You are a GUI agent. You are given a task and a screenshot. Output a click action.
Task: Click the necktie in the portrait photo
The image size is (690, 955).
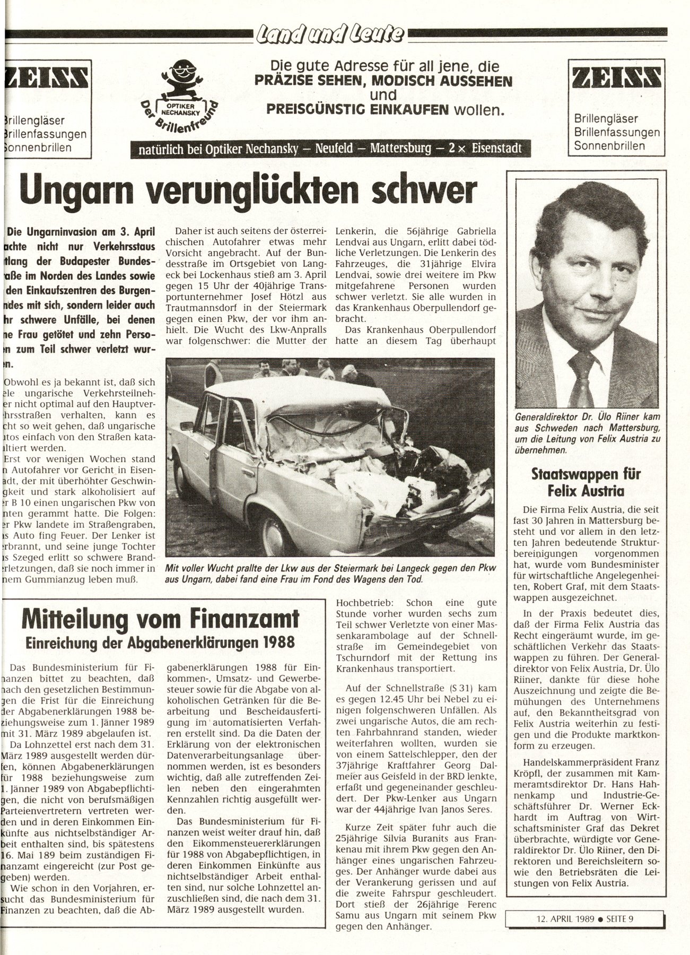click(581, 377)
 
